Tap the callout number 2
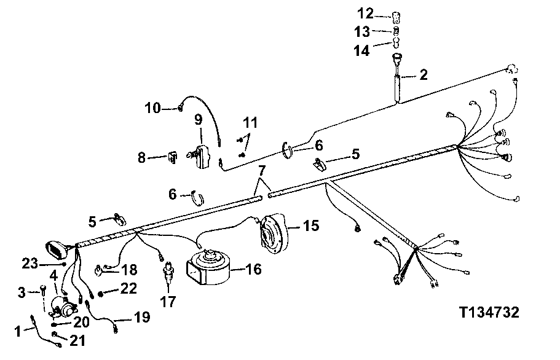point(424,75)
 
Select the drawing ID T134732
point(489,313)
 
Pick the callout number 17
point(167,302)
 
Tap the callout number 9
point(199,120)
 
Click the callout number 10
point(152,109)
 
